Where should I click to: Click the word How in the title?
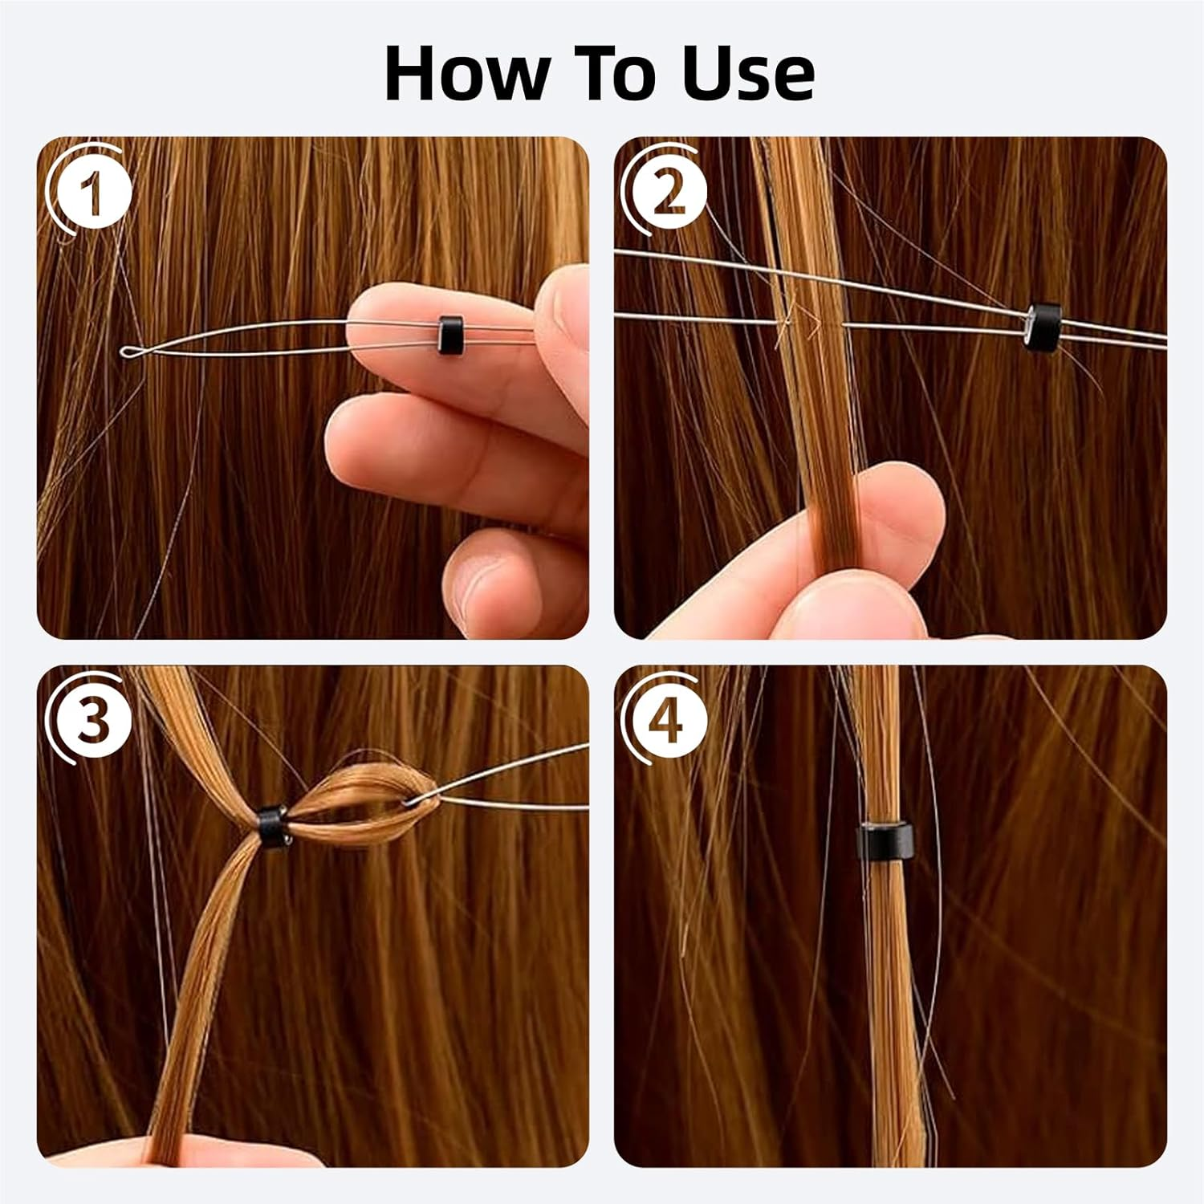point(466,74)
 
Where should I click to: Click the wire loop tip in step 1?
point(127,351)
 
